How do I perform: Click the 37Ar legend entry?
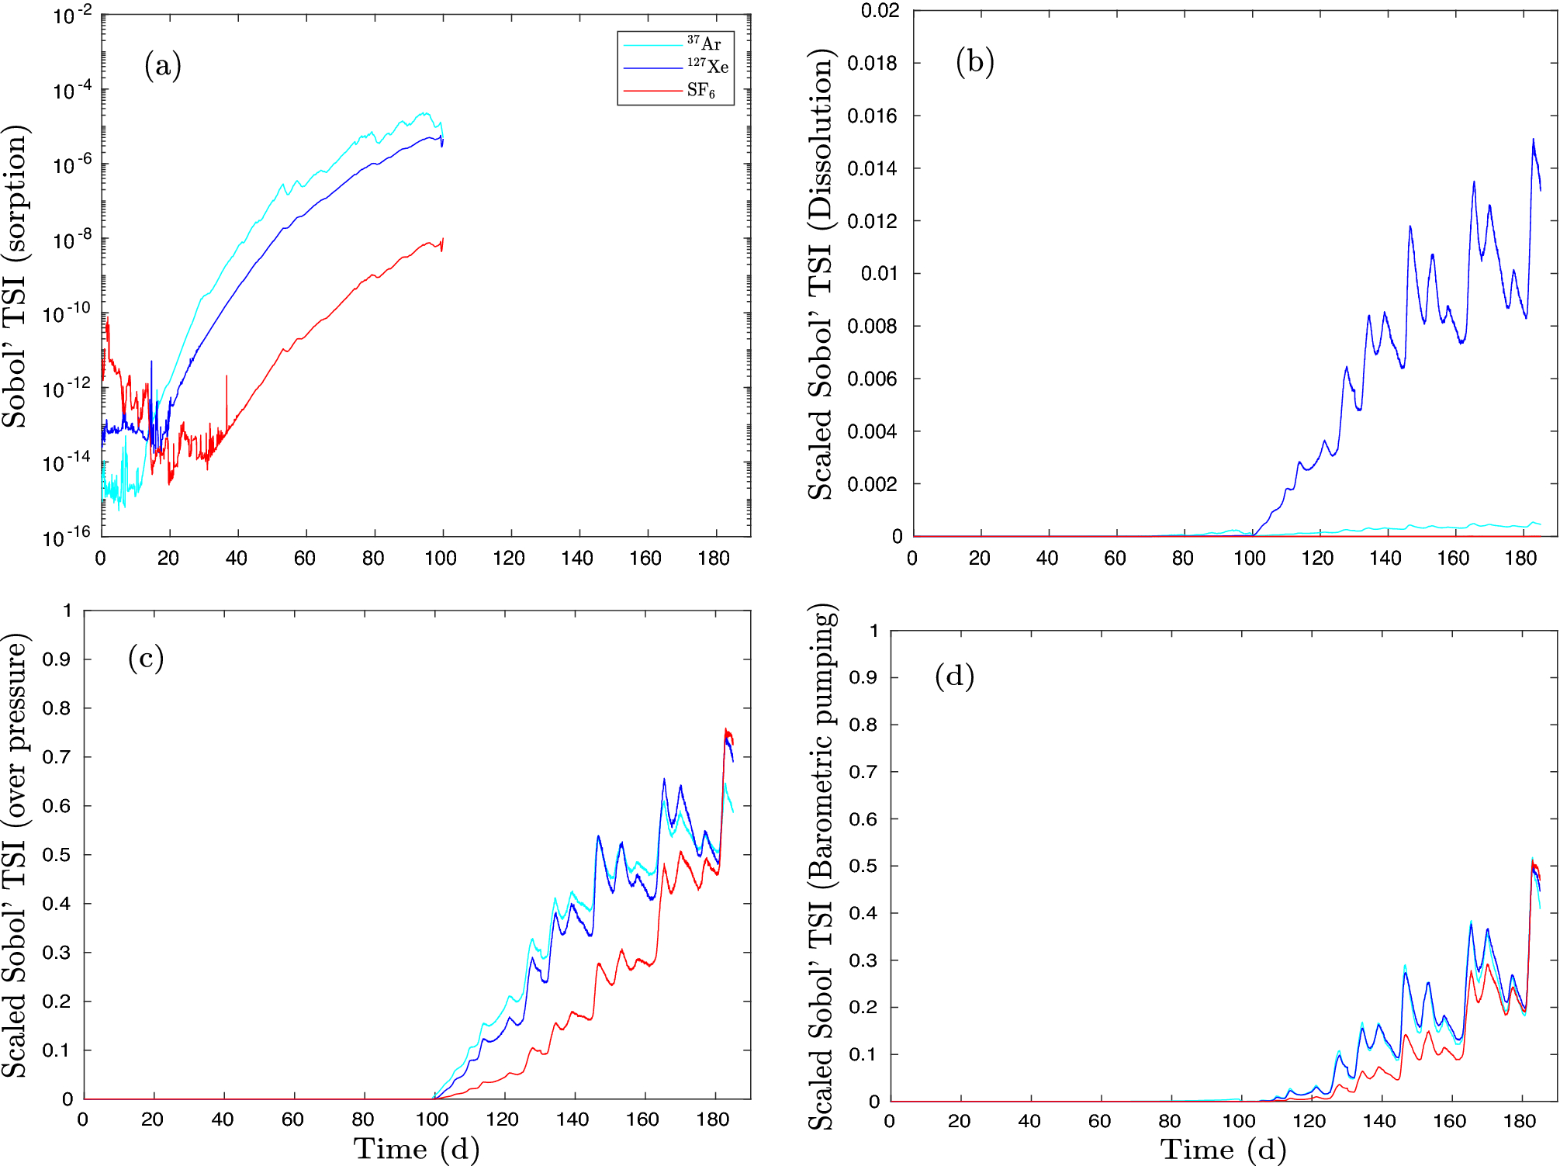704,43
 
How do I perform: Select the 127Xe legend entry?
707,67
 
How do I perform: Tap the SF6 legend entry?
700,91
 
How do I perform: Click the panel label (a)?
163,65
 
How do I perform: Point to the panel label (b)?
974,61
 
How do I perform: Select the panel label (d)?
954,676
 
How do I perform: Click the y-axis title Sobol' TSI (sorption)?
16,275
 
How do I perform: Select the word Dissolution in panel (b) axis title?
821,140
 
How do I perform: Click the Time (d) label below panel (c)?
417,1149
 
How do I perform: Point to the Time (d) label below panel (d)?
1223,1150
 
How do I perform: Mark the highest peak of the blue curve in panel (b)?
1533,140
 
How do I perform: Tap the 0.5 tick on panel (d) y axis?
863,866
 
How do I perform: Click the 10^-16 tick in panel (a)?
66,536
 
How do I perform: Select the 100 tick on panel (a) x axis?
441,558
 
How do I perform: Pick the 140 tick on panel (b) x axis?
1385,558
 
